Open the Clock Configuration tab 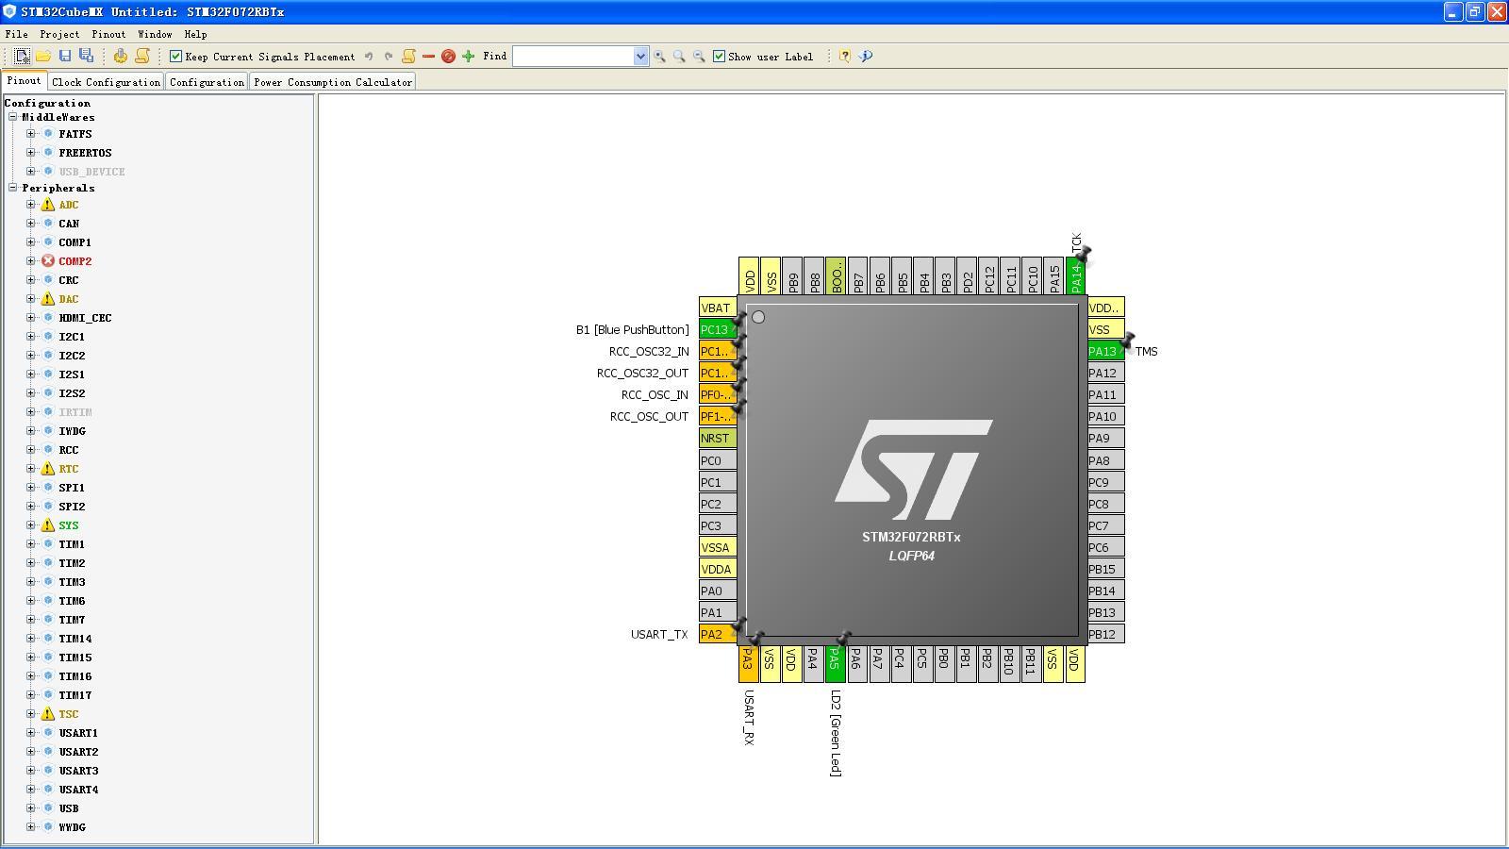106,82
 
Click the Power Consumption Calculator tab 333,82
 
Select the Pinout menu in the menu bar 108,34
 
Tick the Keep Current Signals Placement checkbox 175,56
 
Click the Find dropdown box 580,56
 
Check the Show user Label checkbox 719,56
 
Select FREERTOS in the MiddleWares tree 85,153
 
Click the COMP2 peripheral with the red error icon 75,261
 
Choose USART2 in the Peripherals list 78,752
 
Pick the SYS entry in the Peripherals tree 68,525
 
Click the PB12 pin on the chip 1105,634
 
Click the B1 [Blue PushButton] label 633,329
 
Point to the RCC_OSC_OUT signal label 650,416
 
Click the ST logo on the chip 914,470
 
